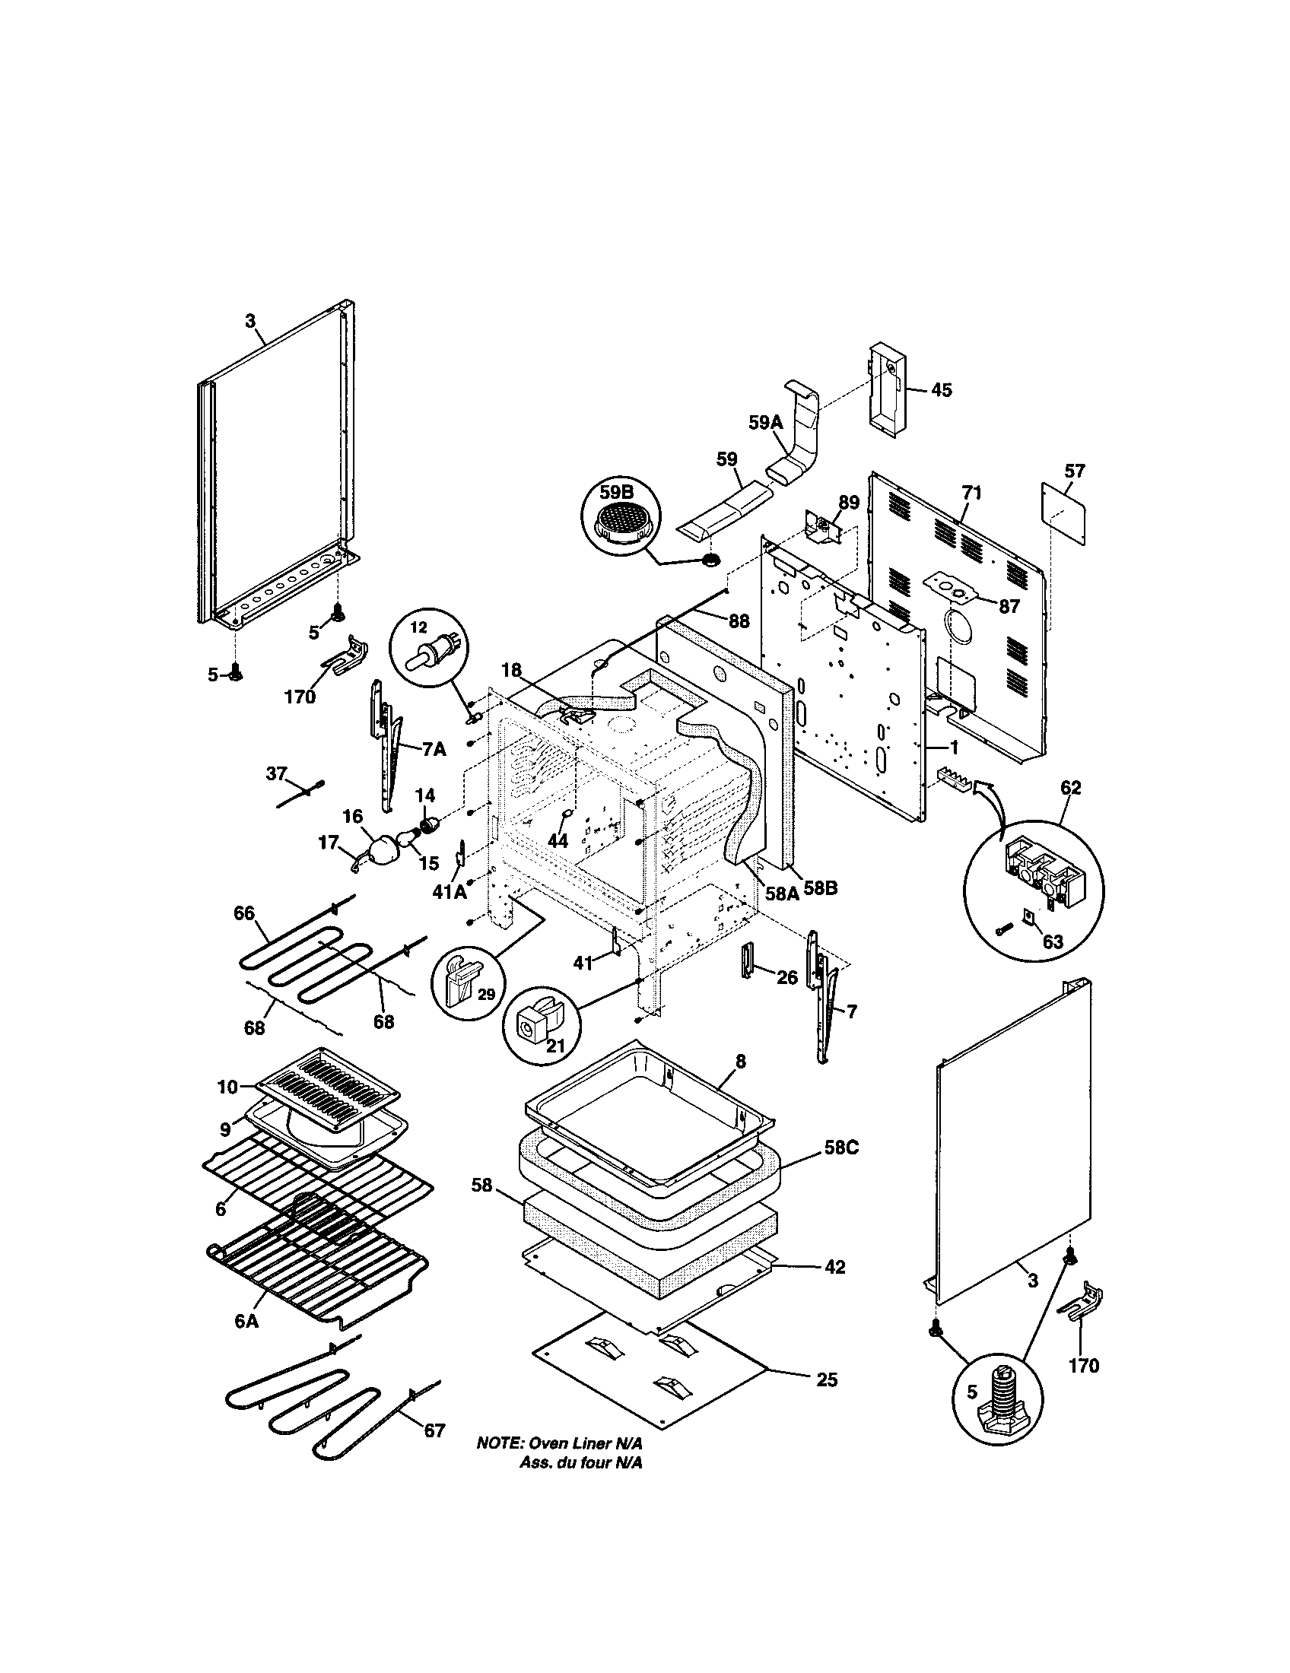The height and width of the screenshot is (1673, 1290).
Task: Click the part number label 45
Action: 942,390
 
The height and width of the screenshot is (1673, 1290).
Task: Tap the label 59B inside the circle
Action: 618,490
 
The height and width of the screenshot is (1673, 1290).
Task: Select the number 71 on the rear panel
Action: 971,494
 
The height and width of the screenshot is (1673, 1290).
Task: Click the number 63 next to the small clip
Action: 1053,942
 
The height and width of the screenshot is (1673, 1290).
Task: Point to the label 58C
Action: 842,1170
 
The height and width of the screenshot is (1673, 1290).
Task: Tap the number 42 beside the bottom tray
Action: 834,1268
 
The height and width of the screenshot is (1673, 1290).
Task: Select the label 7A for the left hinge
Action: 434,750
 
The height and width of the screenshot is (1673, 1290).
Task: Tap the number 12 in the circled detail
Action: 418,627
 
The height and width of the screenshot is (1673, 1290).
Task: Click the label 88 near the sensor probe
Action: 739,621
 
